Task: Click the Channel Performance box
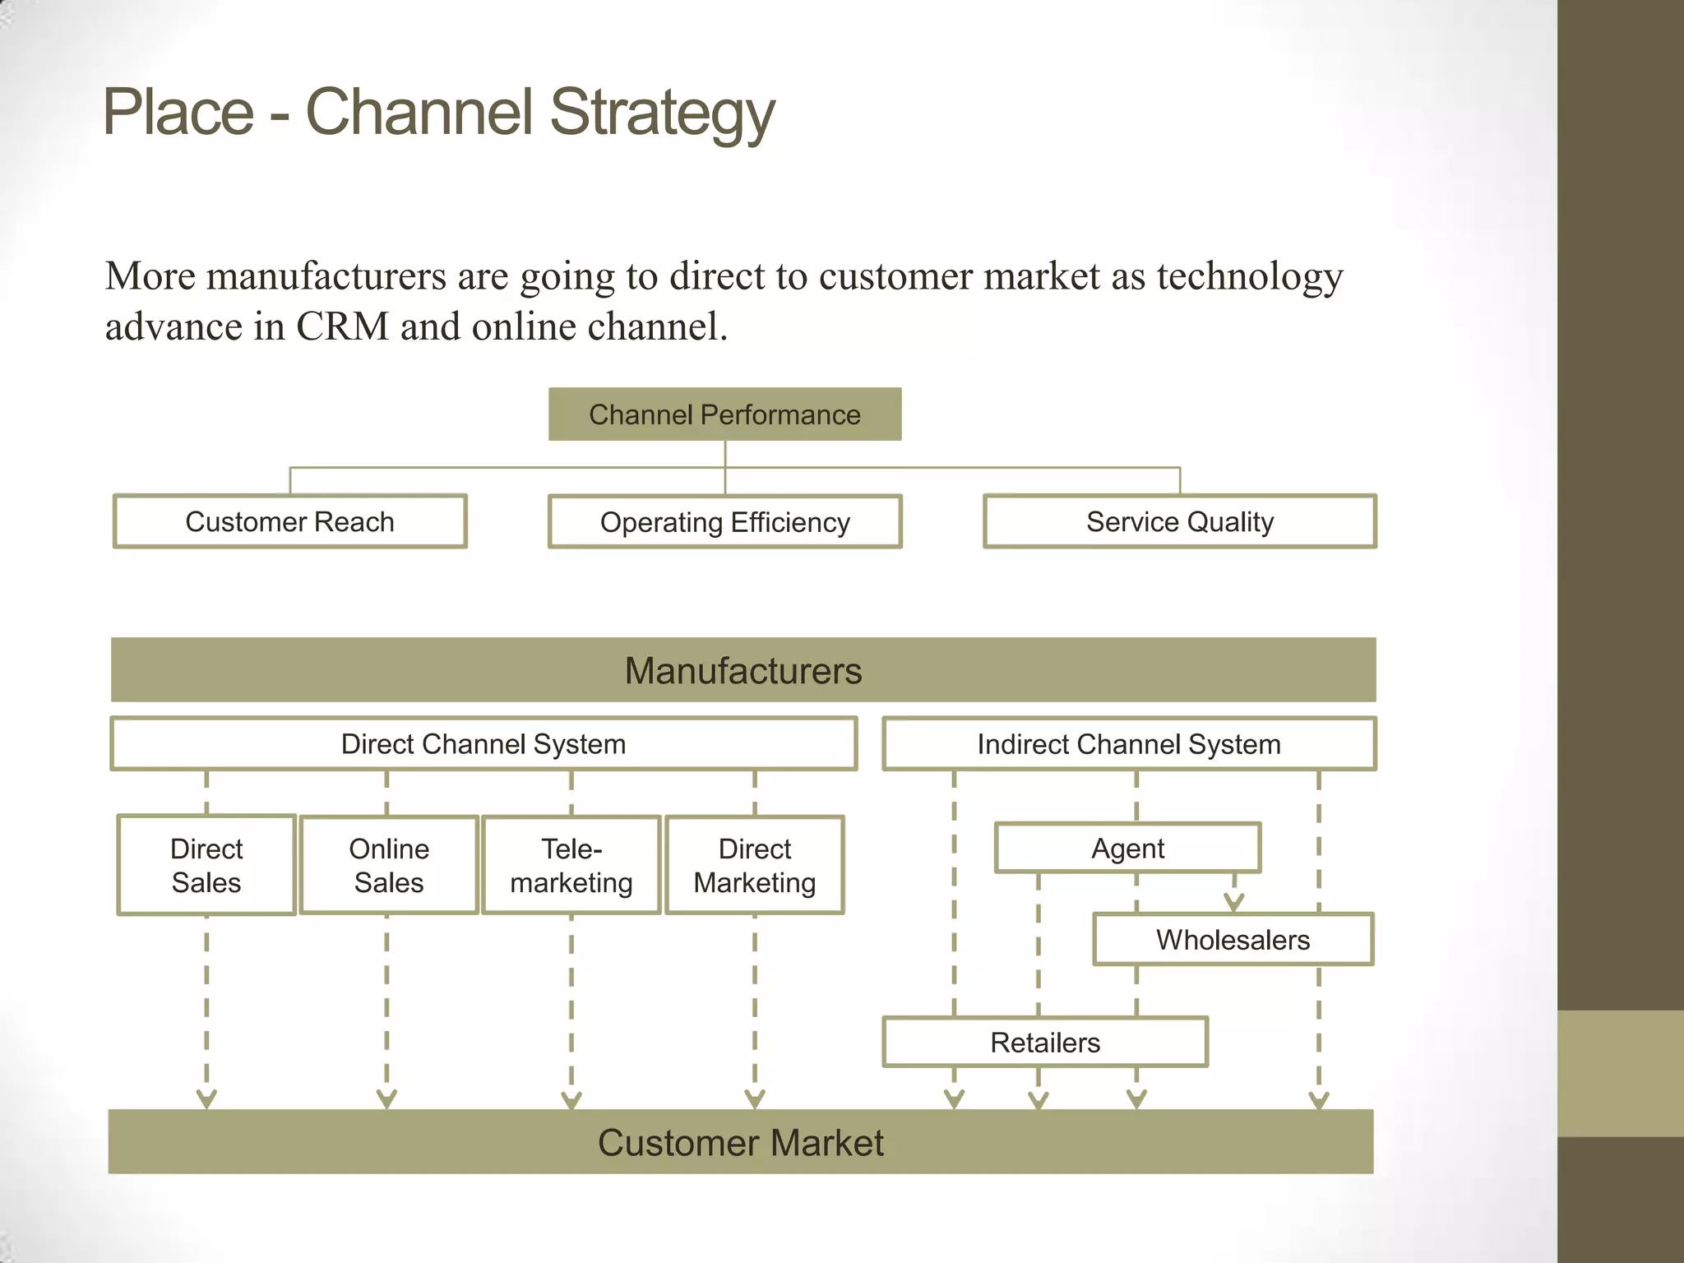click(724, 414)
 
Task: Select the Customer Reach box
click(289, 521)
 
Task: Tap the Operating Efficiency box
click(724, 522)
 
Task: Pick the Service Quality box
click(1179, 521)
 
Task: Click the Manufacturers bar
click(743, 670)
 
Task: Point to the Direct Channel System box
click(483, 744)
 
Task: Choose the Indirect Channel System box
click(1128, 744)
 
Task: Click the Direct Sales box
click(206, 865)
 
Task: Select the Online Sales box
click(389, 865)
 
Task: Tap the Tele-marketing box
click(571, 865)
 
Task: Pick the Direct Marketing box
click(754, 865)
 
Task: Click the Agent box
click(1127, 848)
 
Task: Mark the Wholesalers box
click(1233, 939)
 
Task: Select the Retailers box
click(1044, 1043)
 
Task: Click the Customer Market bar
click(740, 1142)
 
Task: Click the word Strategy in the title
click(662, 113)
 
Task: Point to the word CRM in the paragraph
click(342, 326)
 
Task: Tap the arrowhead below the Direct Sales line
click(206, 1099)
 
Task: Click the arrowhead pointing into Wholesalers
click(1233, 903)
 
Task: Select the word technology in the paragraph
click(1249, 276)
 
